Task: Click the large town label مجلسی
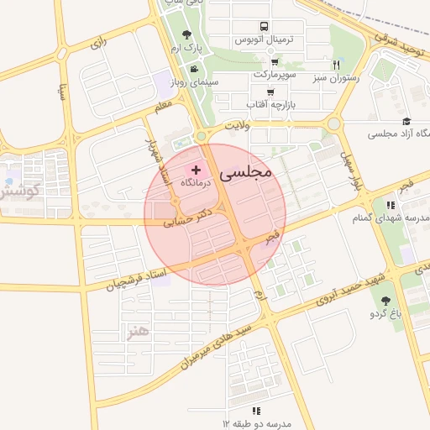[246, 171]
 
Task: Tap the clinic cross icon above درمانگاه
[197, 170]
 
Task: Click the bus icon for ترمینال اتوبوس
[265, 27]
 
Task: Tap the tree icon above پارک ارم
[186, 34]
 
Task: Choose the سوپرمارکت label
[275, 75]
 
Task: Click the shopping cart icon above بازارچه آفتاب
[270, 92]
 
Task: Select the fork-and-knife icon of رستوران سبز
[336, 65]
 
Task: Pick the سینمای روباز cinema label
[194, 82]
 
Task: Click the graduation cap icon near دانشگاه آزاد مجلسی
[406, 122]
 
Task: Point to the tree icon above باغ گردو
[386, 301]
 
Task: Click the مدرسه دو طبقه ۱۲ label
[256, 423]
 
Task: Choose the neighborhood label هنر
[135, 330]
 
